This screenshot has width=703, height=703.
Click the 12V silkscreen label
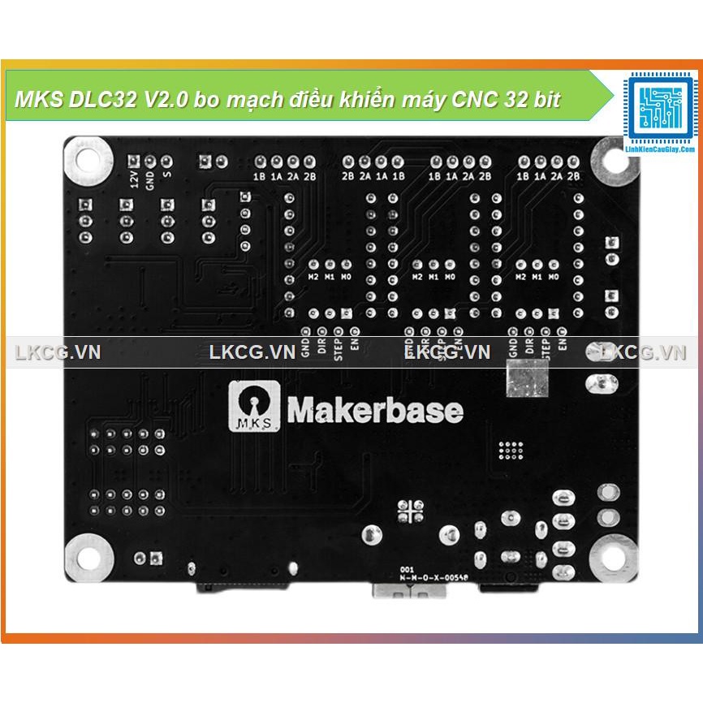point(134,178)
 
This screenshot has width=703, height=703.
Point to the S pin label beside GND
point(166,175)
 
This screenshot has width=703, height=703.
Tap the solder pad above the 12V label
point(134,161)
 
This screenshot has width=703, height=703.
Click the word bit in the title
point(546,101)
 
